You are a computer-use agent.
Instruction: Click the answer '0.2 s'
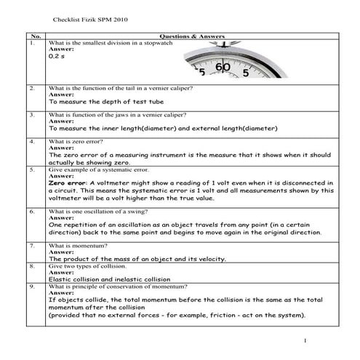[x=56, y=56]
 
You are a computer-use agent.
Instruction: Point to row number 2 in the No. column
[x=32, y=89]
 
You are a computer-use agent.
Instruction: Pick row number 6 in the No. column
[x=32, y=212]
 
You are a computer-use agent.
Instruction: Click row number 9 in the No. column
[x=32, y=287]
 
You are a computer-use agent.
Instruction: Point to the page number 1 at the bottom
[x=306, y=342]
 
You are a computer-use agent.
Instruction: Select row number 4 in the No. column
[x=32, y=142]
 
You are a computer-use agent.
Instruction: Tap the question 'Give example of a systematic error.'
[x=97, y=169]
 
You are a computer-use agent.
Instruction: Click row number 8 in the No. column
[x=32, y=267]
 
